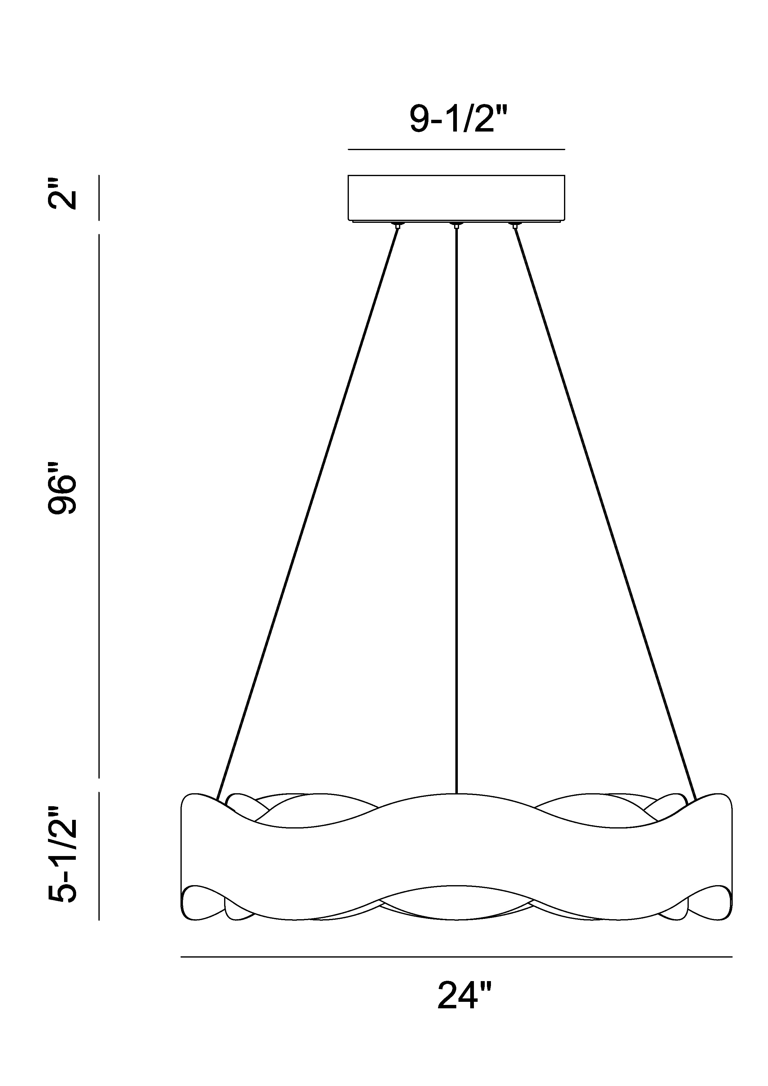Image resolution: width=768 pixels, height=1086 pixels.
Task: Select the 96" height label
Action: pos(62,488)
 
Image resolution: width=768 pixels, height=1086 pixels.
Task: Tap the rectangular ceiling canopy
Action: pos(456,198)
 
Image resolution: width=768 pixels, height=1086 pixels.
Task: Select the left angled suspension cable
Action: pos(307,514)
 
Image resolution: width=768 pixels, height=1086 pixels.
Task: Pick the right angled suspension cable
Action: pos(605,514)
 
